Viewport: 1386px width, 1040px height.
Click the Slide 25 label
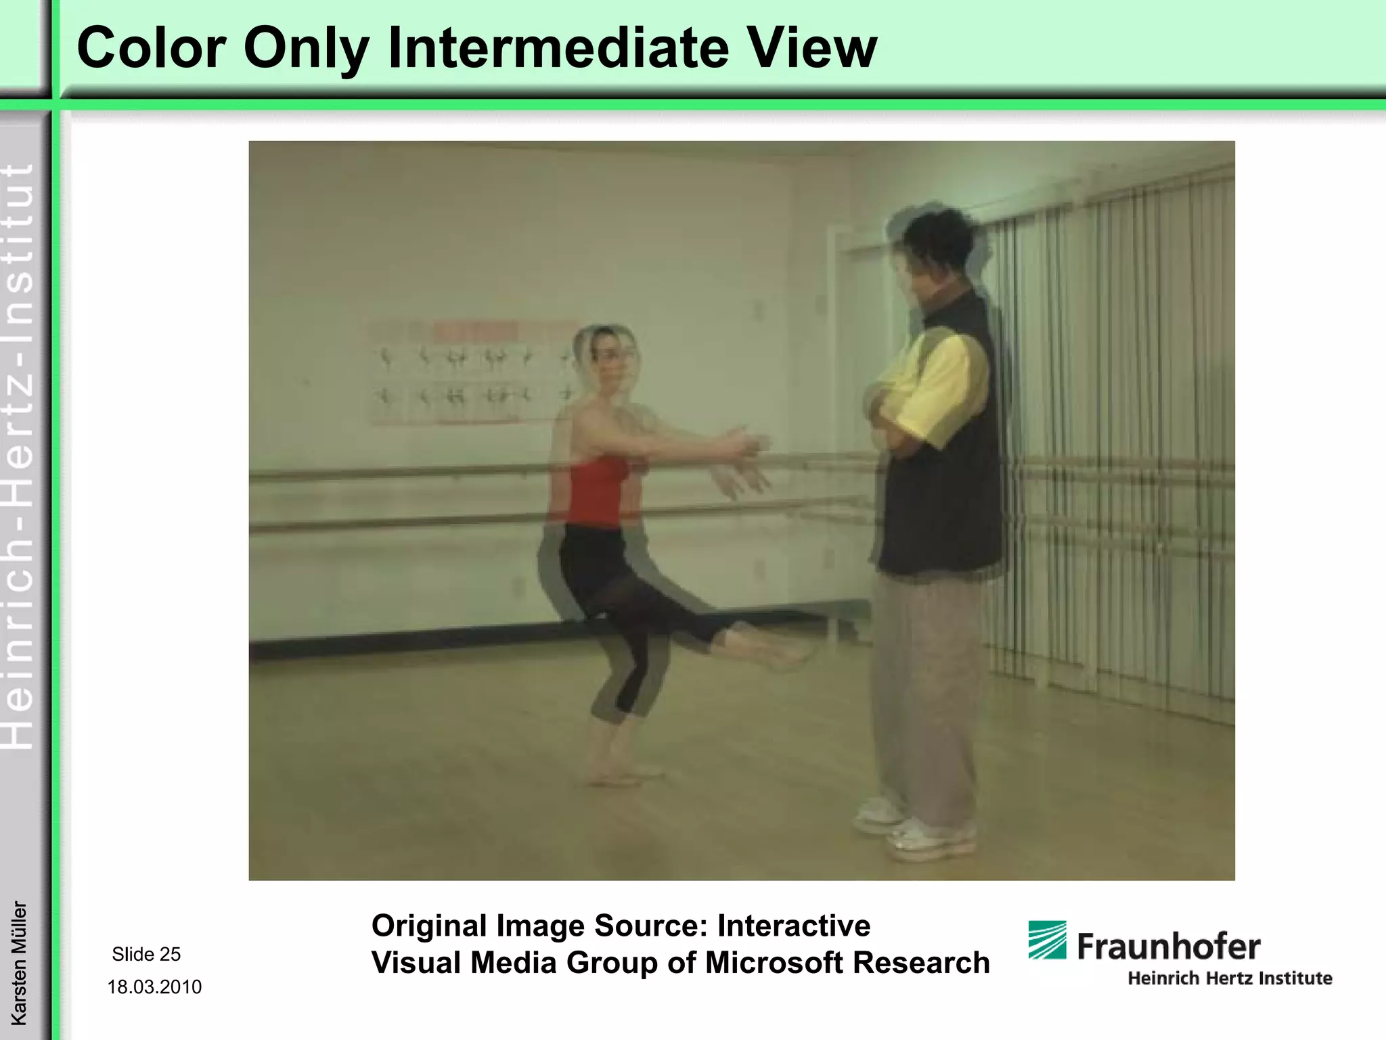(146, 954)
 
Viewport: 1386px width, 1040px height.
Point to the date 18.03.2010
(154, 987)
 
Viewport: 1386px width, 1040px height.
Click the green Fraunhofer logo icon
(1047, 940)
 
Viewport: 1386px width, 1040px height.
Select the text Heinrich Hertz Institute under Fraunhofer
(1229, 978)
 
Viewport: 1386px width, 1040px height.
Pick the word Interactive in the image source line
(794, 925)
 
